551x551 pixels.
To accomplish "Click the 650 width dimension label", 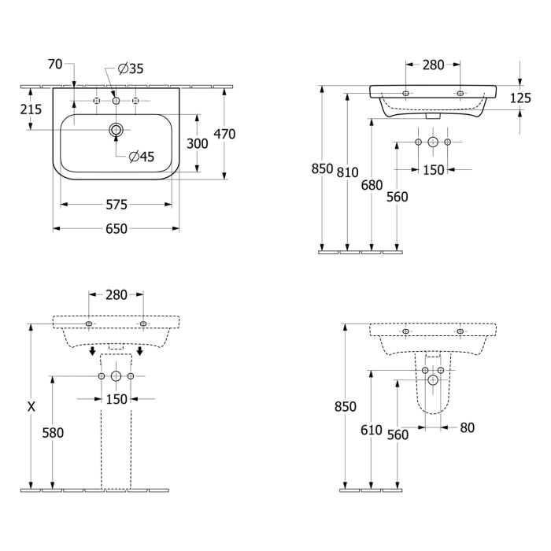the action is pyautogui.click(x=116, y=229).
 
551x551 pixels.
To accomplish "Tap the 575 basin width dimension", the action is pyautogui.click(x=116, y=205).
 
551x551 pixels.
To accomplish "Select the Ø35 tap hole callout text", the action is pyautogui.click(x=131, y=68).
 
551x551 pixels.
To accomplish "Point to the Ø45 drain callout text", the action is pyautogui.click(x=142, y=157).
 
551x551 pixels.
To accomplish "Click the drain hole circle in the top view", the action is pyautogui.click(x=116, y=130).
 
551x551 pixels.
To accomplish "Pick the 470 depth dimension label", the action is pyautogui.click(x=224, y=134).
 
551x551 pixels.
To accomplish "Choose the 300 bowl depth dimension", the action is pyautogui.click(x=197, y=143).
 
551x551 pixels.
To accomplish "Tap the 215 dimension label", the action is pyautogui.click(x=31, y=109).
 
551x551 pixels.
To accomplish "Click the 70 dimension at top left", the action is pyautogui.click(x=55, y=65).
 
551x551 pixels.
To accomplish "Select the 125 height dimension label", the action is pyautogui.click(x=520, y=98).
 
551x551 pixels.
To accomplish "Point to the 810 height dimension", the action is pyautogui.click(x=348, y=172).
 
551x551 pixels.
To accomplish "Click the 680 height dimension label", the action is pyautogui.click(x=372, y=185).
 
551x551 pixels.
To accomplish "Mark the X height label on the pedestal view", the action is pyautogui.click(x=31, y=407).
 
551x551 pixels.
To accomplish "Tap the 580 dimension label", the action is pyautogui.click(x=53, y=433).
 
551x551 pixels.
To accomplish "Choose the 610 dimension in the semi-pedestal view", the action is pyautogui.click(x=372, y=430).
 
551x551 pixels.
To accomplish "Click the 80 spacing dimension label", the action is pyautogui.click(x=467, y=427).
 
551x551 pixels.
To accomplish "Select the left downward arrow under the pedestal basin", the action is pyautogui.click(x=92, y=351).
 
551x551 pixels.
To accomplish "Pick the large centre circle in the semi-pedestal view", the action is pyautogui.click(x=433, y=380).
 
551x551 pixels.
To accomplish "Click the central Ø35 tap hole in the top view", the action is pyautogui.click(x=116, y=101).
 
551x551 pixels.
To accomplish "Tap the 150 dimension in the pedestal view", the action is pyautogui.click(x=116, y=399).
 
